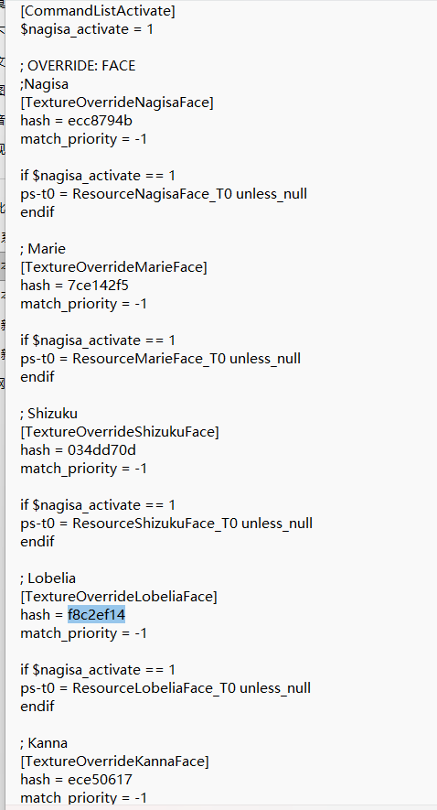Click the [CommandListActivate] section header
[98, 11]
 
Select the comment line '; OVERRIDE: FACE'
[78, 66]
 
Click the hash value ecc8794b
[100, 121]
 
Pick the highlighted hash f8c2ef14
[97, 615]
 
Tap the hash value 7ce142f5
[98, 286]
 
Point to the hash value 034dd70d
[101, 450]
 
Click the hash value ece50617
[100, 779]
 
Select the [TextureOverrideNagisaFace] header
[117, 103]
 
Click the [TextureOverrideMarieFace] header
[113, 267]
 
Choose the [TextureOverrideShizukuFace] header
[120, 432]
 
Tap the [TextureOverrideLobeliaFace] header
[119, 597]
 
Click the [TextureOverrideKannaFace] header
[114, 761]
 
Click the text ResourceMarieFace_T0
[149, 359]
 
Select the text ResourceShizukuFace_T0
[155, 524]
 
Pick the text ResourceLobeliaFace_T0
[155, 688]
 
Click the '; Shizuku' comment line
[49, 414]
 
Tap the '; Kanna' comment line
[44, 743]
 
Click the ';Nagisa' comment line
[45, 83]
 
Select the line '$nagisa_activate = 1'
[87, 29]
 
